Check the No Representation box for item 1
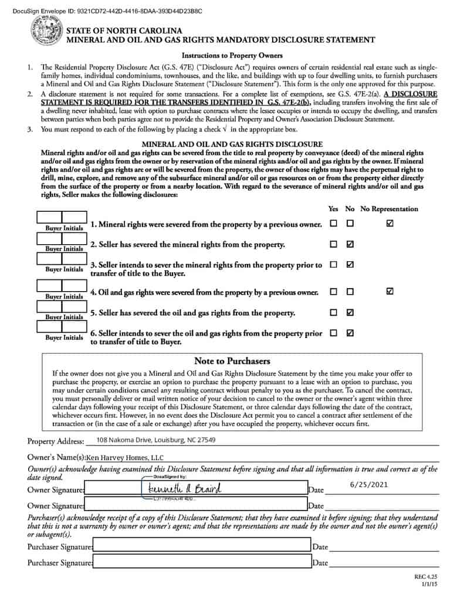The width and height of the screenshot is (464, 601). coord(390,223)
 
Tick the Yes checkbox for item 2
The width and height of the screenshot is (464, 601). coord(333,244)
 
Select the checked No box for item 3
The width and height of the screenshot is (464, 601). coord(350,265)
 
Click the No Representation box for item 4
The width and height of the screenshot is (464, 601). coord(390,291)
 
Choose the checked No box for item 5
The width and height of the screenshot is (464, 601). coord(350,312)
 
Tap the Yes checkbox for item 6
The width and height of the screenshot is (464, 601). coord(333,333)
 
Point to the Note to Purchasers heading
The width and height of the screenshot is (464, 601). coord(232,361)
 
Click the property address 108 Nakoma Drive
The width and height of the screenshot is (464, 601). coord(155,440)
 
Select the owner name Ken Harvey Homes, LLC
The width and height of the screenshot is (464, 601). coord(125,457)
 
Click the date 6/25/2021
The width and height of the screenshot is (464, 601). coord(368,485)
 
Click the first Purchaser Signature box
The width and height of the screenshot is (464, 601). coord(201,546)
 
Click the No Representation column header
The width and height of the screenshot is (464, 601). coord(389,209)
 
